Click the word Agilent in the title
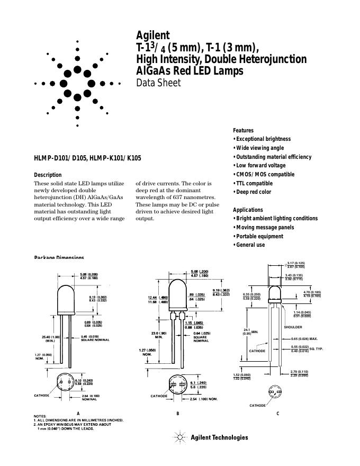coord(153,35)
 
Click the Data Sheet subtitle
coord(158,83)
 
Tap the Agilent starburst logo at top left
coord(77,83)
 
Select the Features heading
coord(243,130)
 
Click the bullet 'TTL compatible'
coord(254,183)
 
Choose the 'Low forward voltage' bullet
coord(260,166)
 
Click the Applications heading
coord(248,210)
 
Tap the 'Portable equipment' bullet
coord(259,236)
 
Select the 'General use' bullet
coord(250,245)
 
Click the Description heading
coord(48,175)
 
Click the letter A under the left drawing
coord(78,413)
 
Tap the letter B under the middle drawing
coord(178,413)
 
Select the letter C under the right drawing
coord(277,413)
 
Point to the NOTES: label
coord(40,416)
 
